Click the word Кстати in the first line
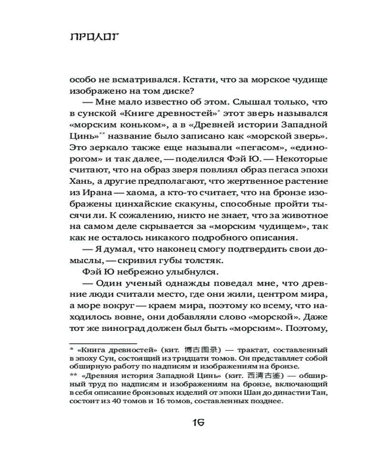tap(180, 79)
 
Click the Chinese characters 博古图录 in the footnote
tap(201, 350)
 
